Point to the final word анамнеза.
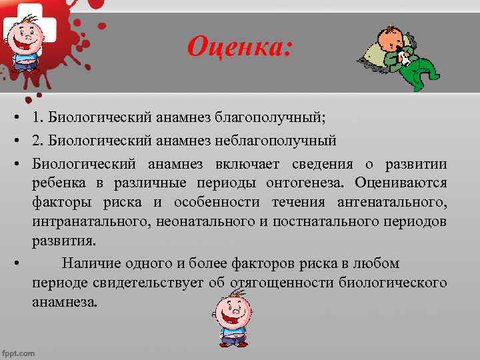(64, 301)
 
